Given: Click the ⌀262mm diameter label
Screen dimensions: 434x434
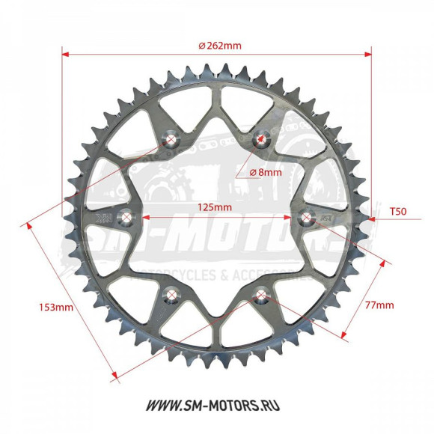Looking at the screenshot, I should pos(220,45).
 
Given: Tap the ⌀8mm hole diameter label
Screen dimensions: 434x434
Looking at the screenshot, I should pos(266,171).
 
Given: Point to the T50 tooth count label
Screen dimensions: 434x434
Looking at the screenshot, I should pos(398,212).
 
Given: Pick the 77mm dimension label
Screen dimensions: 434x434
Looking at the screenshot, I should pos(379,305).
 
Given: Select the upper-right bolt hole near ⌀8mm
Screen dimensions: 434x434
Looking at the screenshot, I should pos(261,138).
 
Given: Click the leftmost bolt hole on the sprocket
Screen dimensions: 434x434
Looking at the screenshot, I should pos(126,218).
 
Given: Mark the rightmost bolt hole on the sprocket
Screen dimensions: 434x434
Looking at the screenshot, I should pos(306,217).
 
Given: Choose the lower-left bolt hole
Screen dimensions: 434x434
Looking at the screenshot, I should pos(171,296).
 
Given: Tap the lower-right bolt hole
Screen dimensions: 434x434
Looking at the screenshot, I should pos(261,296).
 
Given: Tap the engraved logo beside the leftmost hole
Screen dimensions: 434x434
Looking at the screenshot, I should pos(103,218).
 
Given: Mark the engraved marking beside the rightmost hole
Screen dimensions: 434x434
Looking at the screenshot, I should pos(327,217).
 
